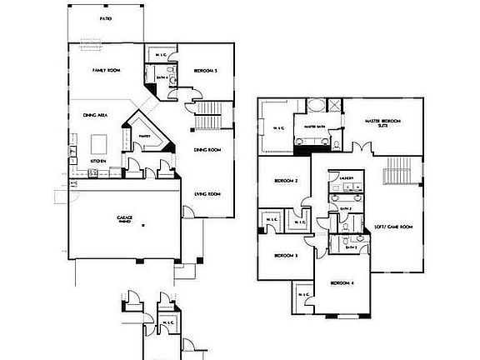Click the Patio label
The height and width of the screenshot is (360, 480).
(x=105, y=17)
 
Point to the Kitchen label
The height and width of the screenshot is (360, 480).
(x=97, y=160)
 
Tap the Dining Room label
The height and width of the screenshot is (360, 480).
(x=207, y=150)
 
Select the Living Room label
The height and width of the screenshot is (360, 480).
(x=207, y=194)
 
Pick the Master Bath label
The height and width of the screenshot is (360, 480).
(x=315, y=127)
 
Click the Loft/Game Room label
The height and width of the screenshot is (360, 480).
(x=394, y=227)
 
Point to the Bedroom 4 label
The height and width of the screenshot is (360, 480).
(x=342, y=283)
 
